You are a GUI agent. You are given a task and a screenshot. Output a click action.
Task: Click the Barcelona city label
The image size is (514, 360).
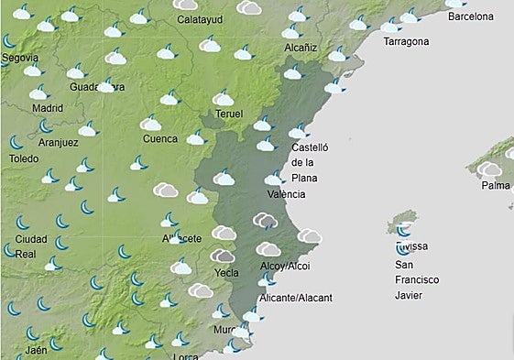470,16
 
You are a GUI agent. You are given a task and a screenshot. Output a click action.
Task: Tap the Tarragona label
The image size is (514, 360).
405,42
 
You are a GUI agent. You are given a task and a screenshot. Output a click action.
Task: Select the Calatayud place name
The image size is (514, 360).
200,19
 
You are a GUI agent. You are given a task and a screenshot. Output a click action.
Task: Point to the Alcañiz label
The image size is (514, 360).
301,46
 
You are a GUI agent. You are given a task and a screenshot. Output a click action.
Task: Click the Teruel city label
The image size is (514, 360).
228,114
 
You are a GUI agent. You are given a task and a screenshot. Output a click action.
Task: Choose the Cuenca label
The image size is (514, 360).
159,139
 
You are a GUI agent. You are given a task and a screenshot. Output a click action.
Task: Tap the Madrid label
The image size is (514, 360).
48,107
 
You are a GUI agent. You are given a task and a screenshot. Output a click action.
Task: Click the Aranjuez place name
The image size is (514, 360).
59,142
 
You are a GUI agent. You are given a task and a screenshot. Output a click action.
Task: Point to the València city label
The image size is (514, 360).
285,194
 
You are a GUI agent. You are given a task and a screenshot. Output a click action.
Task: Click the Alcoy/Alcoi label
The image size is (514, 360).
286,267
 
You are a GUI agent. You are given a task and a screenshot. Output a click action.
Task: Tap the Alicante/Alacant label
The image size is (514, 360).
295,298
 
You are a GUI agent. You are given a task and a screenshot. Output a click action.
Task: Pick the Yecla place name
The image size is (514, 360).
224,273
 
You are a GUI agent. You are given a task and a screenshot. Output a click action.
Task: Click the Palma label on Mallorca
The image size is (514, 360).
495,186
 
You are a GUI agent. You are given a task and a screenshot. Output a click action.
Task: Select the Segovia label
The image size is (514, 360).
20,58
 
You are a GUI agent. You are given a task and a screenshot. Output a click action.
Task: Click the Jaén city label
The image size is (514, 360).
37,351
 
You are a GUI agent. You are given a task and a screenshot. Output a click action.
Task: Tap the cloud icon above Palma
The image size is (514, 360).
489,169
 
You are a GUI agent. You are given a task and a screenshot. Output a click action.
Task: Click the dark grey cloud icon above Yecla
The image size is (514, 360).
223,256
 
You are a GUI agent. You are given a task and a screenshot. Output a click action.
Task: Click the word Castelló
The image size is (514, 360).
309,147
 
